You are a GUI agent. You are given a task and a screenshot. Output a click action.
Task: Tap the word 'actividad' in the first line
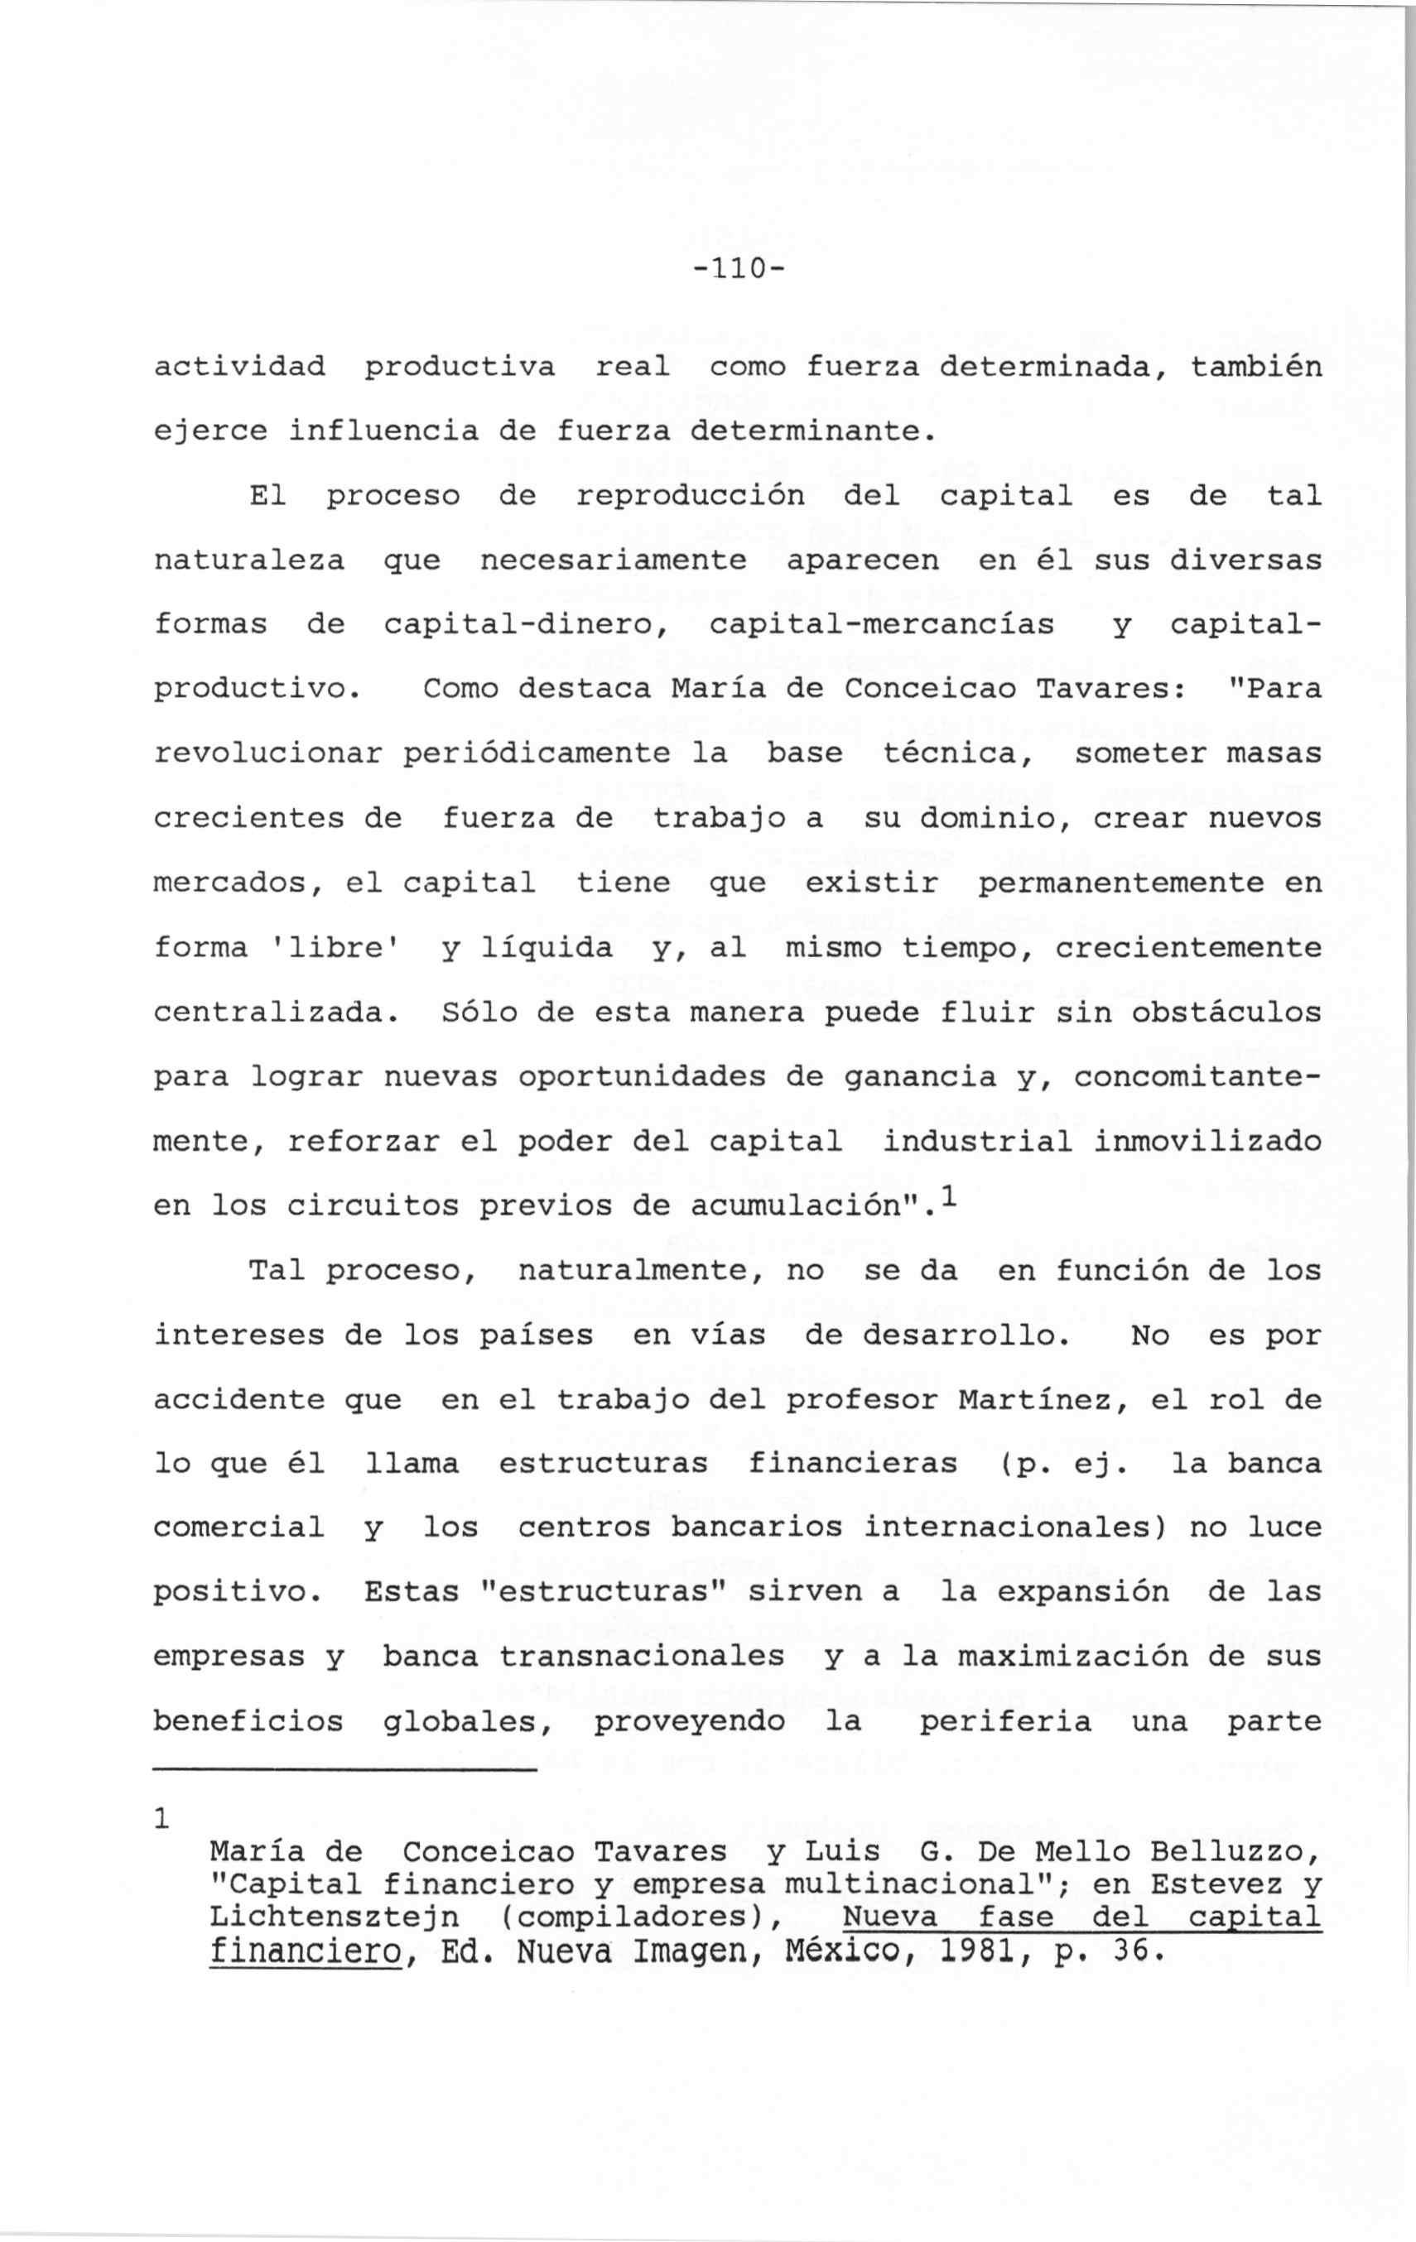pos(239,367)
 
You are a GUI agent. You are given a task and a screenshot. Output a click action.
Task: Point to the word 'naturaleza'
pos(248,560)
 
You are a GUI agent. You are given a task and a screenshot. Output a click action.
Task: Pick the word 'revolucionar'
pos(268,753)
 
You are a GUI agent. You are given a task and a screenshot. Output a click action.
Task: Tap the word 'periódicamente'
pos(537,753)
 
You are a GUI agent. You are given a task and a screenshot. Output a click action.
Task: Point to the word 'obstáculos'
pos(1226,1012)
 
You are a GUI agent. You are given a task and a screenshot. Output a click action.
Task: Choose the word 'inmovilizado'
pos(1207,1142)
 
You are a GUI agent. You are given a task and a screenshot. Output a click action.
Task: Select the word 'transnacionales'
pos(642,1657)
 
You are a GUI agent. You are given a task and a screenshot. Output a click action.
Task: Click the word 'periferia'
pos(1005,1721)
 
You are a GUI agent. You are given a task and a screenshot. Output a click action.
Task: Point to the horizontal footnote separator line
pos(345,1770)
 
